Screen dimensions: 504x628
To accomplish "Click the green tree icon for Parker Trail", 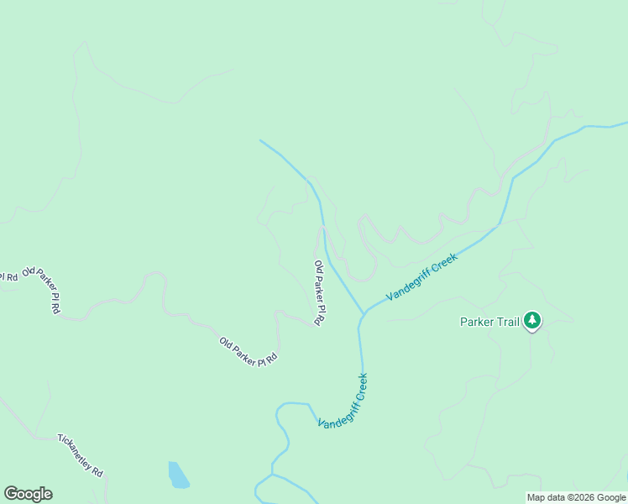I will pyautogui.click(x=531, y=320).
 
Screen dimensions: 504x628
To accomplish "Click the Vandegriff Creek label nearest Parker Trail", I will pyautogui.click(x=421, y=277).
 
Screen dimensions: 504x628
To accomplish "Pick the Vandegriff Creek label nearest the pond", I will pyautogui.click(x=343, y=402).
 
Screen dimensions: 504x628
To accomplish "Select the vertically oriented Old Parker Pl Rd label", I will pyautogui.click(x=319, y=292).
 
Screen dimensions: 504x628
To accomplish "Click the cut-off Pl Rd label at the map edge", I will pyautogui.click(x=8, y=276).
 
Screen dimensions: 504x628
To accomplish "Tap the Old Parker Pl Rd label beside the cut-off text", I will pyautogui.click(x=42, y=290).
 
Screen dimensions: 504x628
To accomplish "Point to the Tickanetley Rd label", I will pyautogui.click(x=80, y=455).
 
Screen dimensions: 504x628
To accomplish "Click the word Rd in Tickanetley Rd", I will pyautogui.click(x=97, y=472).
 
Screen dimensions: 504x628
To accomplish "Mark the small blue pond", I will pyautogui.click(x=178, y=475).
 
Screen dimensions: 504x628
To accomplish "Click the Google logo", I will pyautogui.click(x=28, y=494).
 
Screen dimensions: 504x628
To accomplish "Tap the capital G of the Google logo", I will pyautogui.click(x=11, y=494).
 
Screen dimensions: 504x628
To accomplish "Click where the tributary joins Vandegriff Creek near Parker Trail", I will pyautogui.click(x=364, y=315).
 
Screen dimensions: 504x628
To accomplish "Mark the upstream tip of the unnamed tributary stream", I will pyautogui.click(x=260, y=140).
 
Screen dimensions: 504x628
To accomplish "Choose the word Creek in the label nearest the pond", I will pyautogui.click(x=361, y=386).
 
